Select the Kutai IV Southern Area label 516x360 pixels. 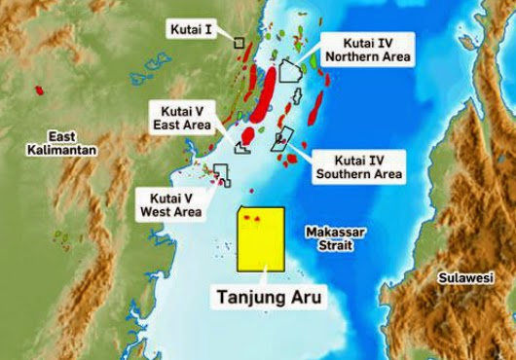pyautogui.click(x=359, y=166)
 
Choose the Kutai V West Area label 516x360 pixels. pyautogui.click(x=170, y=203)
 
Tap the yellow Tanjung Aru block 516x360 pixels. pyautogui.click(x=262, y=243)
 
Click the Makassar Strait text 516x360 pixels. pyautogui.click(x=335, y=239)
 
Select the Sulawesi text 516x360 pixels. pyautogui.click(x=465, y=277)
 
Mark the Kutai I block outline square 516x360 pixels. pyautogui.click(x=239, y=42)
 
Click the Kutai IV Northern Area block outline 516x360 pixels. pyautogui.click(x=289, y=70)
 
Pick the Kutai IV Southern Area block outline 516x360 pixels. pyautogui.click(x=282, y=139)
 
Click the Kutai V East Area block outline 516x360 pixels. pyautogui.click(x=242, y=147)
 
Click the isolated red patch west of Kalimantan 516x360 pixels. pyautogui.click(x=39, y=90)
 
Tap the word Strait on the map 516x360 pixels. pyautogui.click(x=335, y=246)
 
